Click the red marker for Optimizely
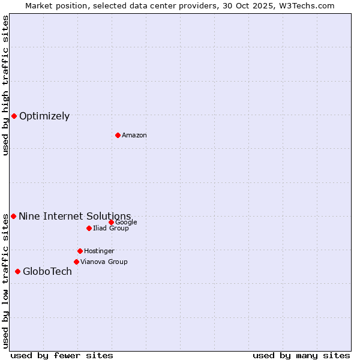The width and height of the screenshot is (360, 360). point(14,116)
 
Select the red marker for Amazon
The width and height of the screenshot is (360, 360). point(118,135)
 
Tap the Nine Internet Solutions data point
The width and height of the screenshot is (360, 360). point(13,216)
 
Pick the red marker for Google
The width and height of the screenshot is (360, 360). point(111,222)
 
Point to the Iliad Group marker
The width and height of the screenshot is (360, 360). point(89,228)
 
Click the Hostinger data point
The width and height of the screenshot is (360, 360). point(80,251)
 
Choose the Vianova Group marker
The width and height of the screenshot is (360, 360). point(76,262)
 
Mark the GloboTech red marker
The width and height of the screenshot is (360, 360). point(17,271)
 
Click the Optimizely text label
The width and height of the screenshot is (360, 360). point(44,116)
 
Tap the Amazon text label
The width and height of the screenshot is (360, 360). point(134,136)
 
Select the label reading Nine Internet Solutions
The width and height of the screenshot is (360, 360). point(75,217)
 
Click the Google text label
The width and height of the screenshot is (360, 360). point(126,223)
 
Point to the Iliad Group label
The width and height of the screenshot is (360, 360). point(111,229)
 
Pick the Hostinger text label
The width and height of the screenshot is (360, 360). point(99,251)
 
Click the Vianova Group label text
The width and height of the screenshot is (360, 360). point(104,262)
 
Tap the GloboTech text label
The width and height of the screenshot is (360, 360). point(47,272)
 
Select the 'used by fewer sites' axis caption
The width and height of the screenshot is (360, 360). point(61,355)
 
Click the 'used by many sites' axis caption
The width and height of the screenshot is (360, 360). point(301,355)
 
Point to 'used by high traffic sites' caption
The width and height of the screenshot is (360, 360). point(5,86)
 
